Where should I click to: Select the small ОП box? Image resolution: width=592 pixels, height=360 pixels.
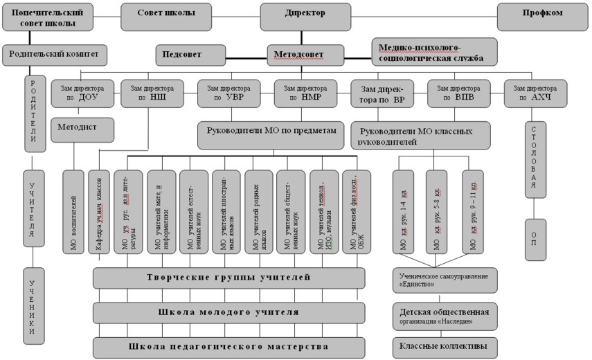[535, 238]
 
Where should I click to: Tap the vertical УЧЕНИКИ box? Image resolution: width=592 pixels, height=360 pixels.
[31, 305]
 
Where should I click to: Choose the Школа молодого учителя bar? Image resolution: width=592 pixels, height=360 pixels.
[228, 312]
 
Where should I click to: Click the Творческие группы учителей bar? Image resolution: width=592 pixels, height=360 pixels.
[228, 278]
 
